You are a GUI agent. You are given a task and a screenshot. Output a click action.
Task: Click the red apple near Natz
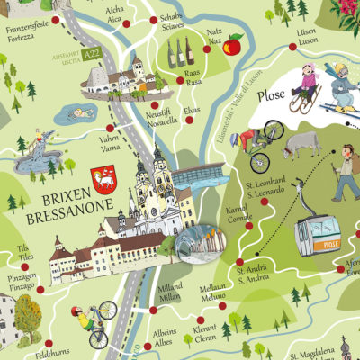click(234, 44)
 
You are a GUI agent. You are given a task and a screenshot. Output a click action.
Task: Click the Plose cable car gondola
click(322, 237)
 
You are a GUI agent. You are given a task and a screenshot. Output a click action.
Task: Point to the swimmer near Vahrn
click(79, 113)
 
